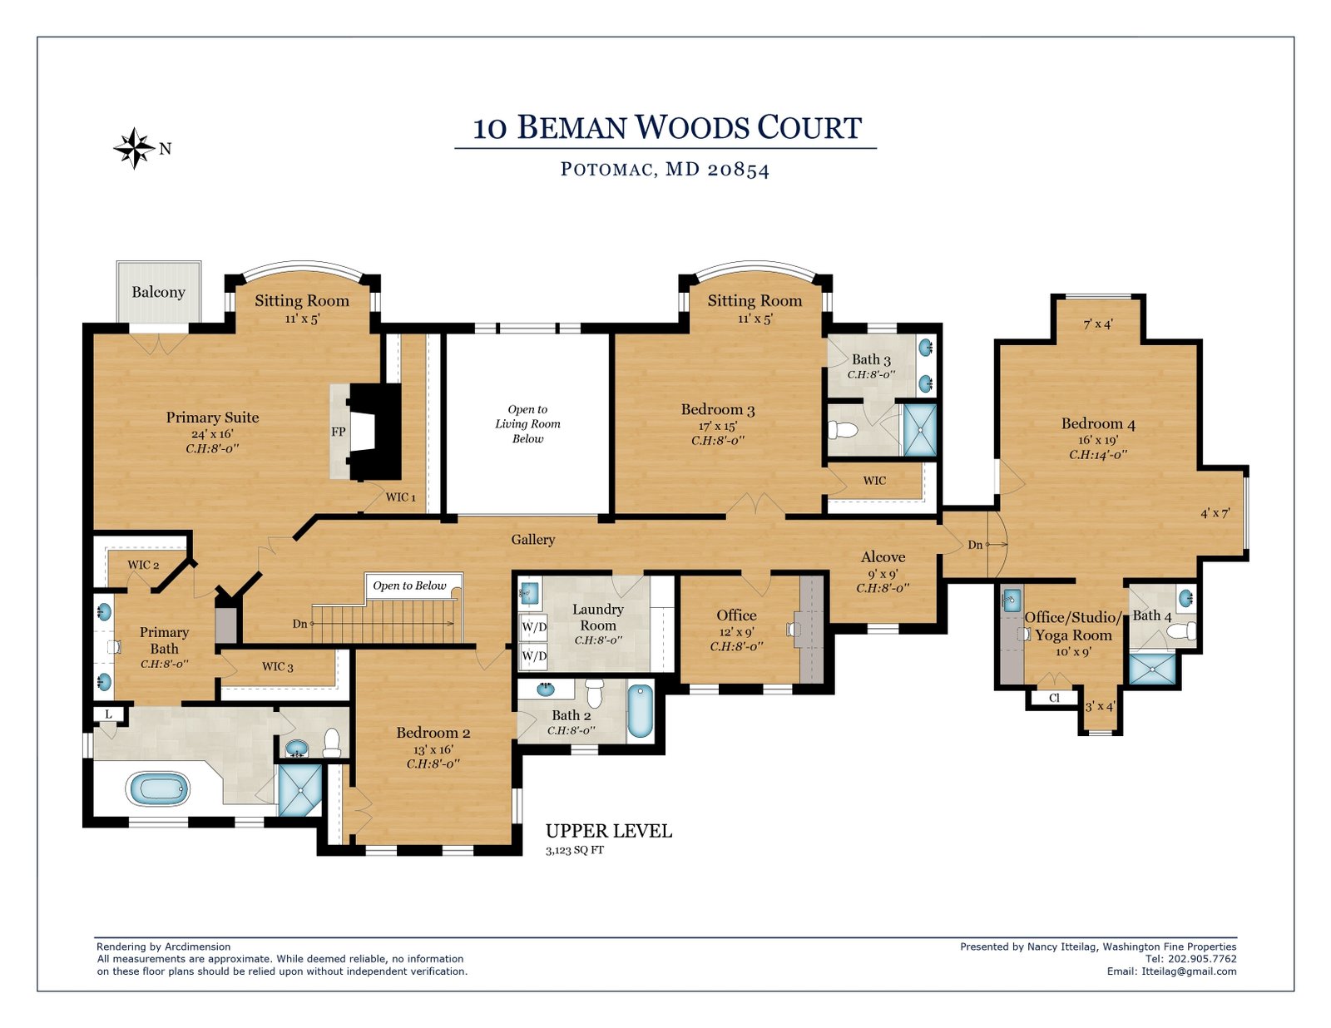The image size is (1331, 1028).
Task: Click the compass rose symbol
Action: (x=134, y=148)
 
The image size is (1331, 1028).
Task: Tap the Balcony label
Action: (x=158, y=292)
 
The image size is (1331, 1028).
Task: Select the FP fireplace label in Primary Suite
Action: (x=338, y=432)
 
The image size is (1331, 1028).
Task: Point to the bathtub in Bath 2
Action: (x=640, y=711)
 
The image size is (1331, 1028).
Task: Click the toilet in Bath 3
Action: (x=843, y=430)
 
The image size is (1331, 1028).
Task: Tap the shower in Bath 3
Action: (x=920, y=430)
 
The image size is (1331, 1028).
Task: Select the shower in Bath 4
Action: (x=1152, y=670)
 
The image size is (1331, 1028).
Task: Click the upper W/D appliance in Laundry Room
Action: (x=533, y=627)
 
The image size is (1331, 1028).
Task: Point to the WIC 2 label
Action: (x=143, y=565)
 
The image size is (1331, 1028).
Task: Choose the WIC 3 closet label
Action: (x=278, y=666)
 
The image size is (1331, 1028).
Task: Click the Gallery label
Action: (x=533, y=540)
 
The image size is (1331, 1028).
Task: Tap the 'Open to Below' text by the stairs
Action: (x=409, y=586)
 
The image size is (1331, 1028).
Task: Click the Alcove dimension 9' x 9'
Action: (x=883, y=575)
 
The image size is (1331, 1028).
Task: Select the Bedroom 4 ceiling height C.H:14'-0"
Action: (x=1098, y=455)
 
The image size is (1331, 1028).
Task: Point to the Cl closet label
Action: (x=1054, y=698)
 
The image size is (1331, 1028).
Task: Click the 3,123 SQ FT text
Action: (x=575, y=850)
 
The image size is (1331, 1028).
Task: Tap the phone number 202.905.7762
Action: (x=1202, y=959)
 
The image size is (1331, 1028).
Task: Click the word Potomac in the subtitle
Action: (x=606, y=169)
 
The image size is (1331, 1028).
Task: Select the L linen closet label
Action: (x=108, y=714)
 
